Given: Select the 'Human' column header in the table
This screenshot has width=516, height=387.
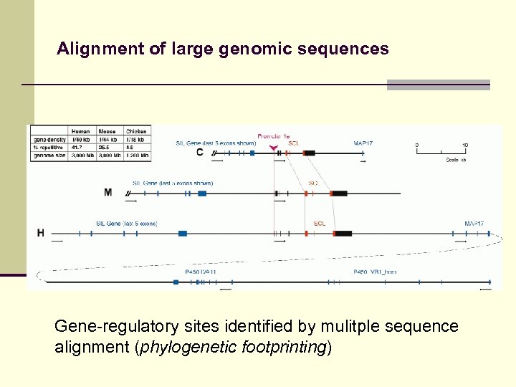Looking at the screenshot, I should point(80,131).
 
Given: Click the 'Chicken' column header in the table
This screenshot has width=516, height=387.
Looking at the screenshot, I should point(136,131).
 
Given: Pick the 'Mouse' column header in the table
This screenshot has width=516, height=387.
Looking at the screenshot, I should point(107,131).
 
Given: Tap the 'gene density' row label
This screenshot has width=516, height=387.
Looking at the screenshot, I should point(48,139).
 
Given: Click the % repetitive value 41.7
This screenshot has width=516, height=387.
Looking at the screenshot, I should point(77,147).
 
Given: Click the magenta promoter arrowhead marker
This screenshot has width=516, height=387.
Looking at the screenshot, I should point(273,148).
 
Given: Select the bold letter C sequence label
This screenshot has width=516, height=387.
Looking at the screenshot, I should point(199,153).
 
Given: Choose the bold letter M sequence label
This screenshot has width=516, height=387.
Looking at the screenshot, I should point(107,193).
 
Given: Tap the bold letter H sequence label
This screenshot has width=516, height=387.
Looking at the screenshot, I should point(41,233).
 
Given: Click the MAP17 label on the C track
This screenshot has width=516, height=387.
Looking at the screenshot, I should point(363,143).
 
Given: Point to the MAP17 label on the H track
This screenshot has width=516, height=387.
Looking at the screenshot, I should point(474,224).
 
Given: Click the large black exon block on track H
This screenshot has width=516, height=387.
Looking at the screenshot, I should point(343,233).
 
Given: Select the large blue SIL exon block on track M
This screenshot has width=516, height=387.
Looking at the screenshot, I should point(202,193).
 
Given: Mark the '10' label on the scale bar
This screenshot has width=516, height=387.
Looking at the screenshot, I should point(465,145).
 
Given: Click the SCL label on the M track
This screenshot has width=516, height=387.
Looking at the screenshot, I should point(314,183).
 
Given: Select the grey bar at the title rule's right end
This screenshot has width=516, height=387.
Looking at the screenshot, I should point(438,85).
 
